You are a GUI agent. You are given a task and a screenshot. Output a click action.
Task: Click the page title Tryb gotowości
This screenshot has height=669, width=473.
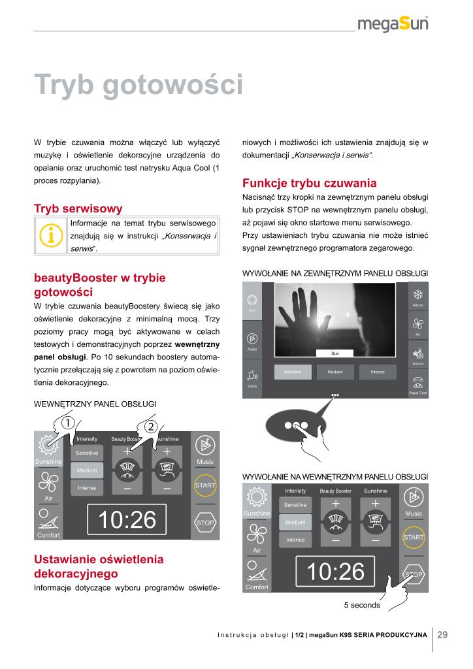(139, 85)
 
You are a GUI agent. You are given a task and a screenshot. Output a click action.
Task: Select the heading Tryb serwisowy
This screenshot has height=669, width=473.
(78, 208)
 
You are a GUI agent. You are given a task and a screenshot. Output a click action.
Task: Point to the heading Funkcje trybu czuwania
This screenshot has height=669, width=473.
(310, 182)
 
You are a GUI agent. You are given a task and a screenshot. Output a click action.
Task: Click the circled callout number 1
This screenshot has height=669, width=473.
(69, 423)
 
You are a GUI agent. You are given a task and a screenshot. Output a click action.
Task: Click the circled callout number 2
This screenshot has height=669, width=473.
(150, 427)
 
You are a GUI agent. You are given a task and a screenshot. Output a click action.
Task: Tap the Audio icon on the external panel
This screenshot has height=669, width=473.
(252, 340)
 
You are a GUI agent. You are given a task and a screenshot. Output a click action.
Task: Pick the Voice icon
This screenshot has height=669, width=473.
(252, 377)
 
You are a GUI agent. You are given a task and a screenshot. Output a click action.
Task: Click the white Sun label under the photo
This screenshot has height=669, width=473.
(335, 353)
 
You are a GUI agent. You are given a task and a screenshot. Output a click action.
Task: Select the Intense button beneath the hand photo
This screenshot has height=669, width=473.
(378, 372)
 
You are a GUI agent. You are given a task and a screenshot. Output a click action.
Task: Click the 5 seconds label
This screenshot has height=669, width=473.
(362, 605)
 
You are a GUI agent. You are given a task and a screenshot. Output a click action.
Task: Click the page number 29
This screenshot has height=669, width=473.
(442, 634)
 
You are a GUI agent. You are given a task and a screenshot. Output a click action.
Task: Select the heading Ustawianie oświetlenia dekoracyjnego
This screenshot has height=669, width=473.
(99, 566)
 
